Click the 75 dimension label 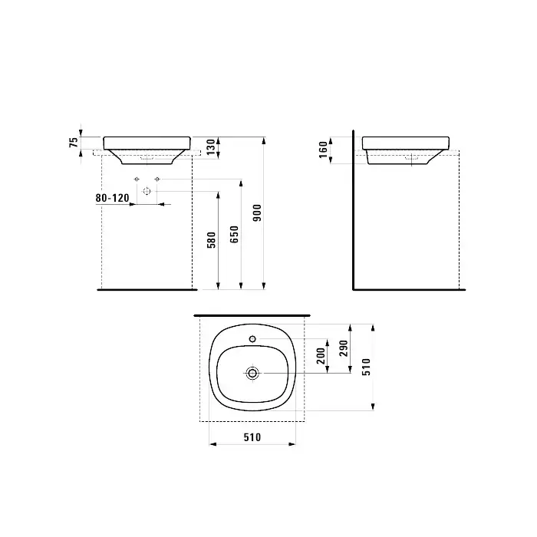(74, 142)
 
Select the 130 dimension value (211, 147)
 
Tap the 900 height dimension (257, 212)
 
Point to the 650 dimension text (234, 234)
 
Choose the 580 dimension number (212, 239)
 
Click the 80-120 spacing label (112, 198)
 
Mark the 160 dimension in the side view (323, 150)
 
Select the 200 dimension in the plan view (321, 356)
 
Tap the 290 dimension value (344, 348)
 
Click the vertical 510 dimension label (367, 367)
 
